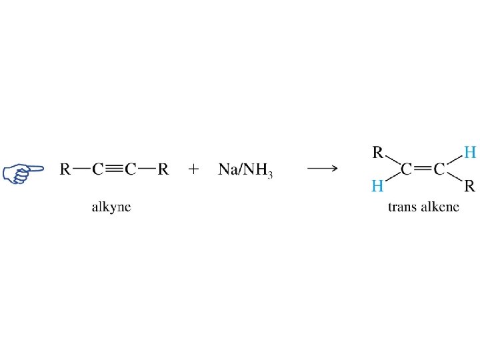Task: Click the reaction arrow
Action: click(322, 169)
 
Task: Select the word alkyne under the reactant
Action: click(111, 207)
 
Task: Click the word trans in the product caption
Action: click(402, 207)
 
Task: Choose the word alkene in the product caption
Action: click(441, 207)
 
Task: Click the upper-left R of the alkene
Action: click(377, 153)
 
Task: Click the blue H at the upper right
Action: click(469, 153)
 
